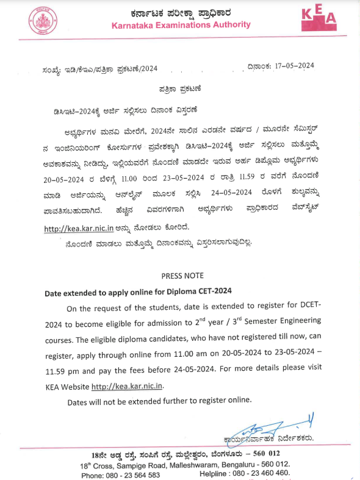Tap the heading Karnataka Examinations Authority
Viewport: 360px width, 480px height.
click(181, 24)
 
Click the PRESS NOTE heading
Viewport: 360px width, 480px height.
click(182, 276)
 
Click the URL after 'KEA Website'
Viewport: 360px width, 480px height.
click(128, 386)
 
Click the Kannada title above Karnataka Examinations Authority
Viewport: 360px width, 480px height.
click(182, 12)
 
